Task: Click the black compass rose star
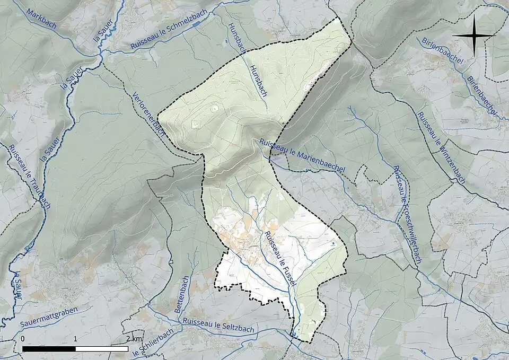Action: tap(473, 36)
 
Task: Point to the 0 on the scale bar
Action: tap(23, 338)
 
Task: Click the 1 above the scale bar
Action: tap(76, 338)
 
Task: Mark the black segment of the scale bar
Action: tap(49, 348)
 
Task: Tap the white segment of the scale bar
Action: tap(102, 348)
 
